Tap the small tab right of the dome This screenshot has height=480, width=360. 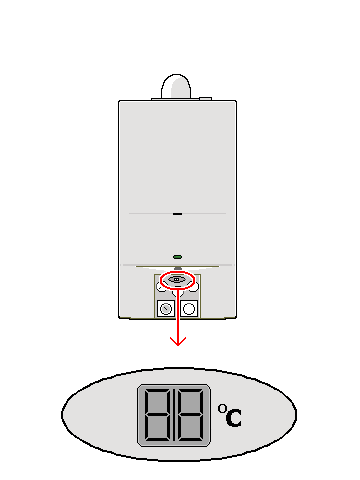tap(205, 98)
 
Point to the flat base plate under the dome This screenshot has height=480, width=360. tap(176, 99)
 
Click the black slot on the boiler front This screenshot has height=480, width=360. tap(177, 214)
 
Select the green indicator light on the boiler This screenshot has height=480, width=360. tap(177, 255)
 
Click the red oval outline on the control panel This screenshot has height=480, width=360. tap(177, 279)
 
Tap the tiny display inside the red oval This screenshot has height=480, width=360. tap(177, 279)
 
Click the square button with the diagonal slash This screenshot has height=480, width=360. tap(166, 308)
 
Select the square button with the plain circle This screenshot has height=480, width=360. tap(188, 308)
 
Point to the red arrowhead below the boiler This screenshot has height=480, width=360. tap(178, 341)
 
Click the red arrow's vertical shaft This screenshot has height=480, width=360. tap(178, 315)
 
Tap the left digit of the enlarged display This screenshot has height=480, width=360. tap(159, 415)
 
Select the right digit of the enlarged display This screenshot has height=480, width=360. tap(190, 415)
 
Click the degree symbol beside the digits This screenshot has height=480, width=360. tap(221, 407)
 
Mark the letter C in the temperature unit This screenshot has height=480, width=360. tap(233, 418)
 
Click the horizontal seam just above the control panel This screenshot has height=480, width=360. tap(178, 266)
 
